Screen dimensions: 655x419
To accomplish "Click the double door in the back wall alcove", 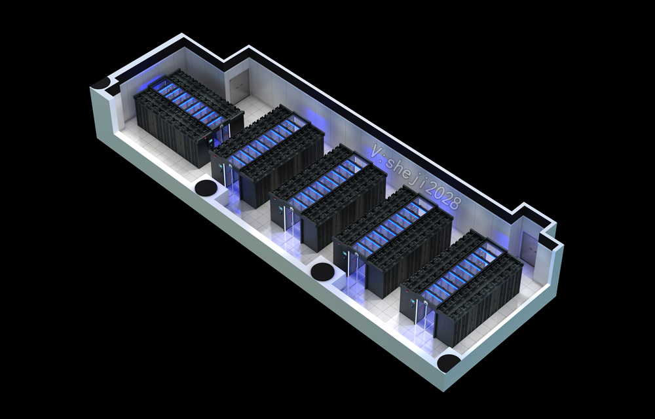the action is point(239,86).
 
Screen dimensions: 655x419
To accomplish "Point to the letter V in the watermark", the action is point(378,151).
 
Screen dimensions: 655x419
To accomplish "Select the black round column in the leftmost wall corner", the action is point(101,82).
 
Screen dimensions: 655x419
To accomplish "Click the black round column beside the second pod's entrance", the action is point(206,187).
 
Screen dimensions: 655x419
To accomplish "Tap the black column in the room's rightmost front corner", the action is point(448,362).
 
